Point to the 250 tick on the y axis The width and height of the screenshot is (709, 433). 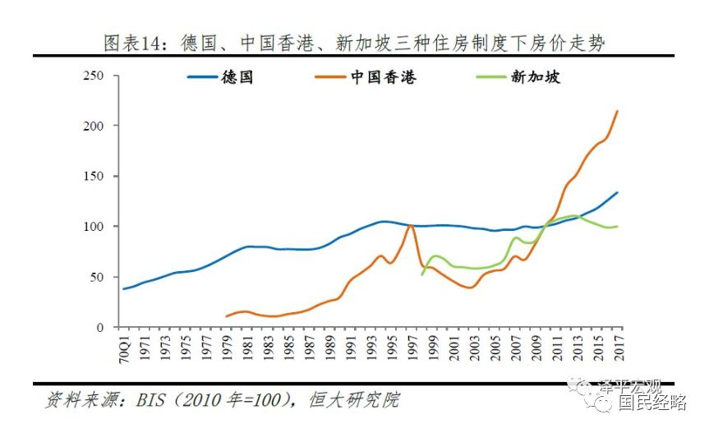click(x=99, y=76)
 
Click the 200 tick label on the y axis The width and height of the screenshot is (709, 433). click(x=99, y=126)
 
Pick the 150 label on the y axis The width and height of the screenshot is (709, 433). click(x=99, y=176)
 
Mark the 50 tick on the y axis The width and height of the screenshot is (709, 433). click(x=102, y=277)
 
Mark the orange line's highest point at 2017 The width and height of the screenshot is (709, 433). click(x=618, y=111)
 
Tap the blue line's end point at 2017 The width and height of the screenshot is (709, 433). click(x=618, y=192)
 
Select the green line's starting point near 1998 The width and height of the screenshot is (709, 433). click(x=422, y=274)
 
